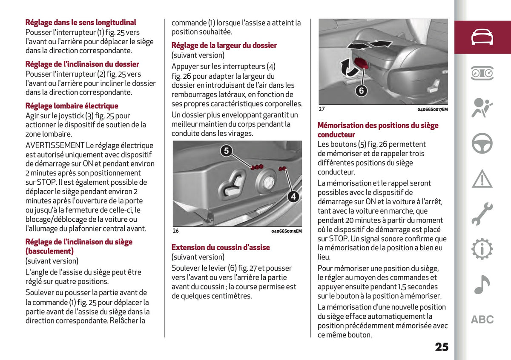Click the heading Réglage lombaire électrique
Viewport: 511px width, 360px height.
pyautogui.click(x=72, y=106)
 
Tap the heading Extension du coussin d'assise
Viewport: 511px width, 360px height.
pyautogui.click(x=221, y=247)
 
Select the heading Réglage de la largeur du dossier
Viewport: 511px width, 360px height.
pyautogui.click(x=224, y=46)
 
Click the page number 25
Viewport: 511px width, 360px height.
pyautogui.click(x=442, y=347)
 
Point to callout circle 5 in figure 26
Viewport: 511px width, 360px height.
pyautogui.click(x=226, y=151)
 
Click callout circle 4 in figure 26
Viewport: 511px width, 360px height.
pyautogui.click(x=293, y=197)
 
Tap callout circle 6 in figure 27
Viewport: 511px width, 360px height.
pyautogui.click(x=362, y=91)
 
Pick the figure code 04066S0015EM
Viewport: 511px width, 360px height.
pyautogui.click(x=287, y=231)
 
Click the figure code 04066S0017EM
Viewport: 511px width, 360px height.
pyautogui.click(x=433, y=109)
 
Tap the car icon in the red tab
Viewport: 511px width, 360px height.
pyautogui.click(x=482, y=37)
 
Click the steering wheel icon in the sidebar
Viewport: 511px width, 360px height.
pyautogui.click(x=482, y=143)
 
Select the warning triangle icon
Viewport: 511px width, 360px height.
pyautogui.click(x=482, y=179)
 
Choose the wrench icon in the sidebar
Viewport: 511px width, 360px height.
pyautogui.click(x=482, y=214)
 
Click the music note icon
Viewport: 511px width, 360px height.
pyautogui.click(x=482, y=285)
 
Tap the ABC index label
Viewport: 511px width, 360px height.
pyautogui.click(x=482, y=320)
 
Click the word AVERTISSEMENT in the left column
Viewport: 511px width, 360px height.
pyautogui.click(x=55, y=146)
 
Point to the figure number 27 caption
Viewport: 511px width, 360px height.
pyautogui.click(x=322, y=109)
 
